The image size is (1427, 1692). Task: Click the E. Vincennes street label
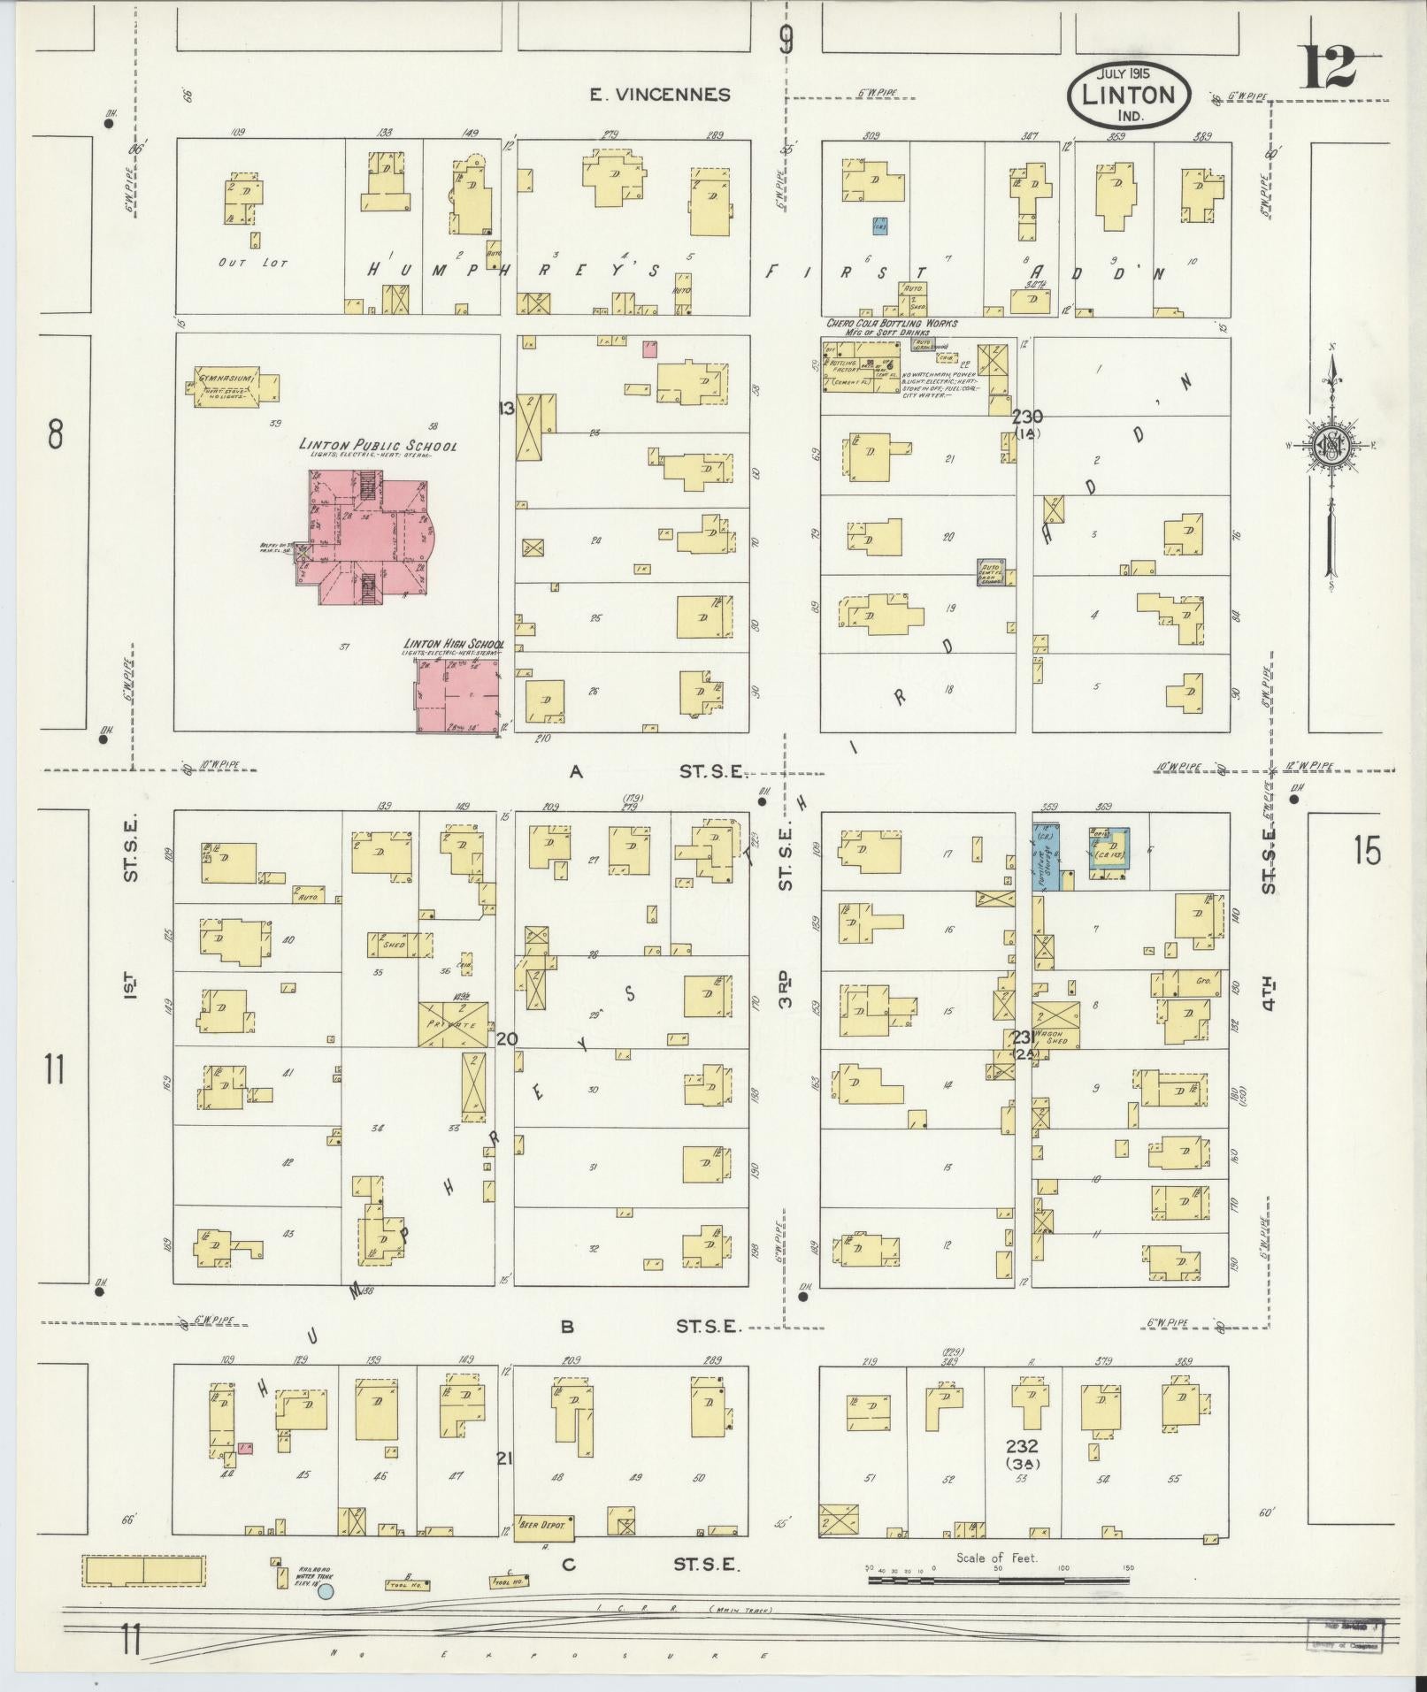coord(661,95)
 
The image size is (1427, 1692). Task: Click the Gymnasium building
coord(233,387)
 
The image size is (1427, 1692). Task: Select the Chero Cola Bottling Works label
coord(891,324)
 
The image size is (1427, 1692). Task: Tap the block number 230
coord(1027,417)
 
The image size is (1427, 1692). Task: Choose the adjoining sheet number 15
coord(1366,851)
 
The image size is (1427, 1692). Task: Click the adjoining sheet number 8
coord(56,434)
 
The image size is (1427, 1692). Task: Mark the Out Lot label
coord(252,264)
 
